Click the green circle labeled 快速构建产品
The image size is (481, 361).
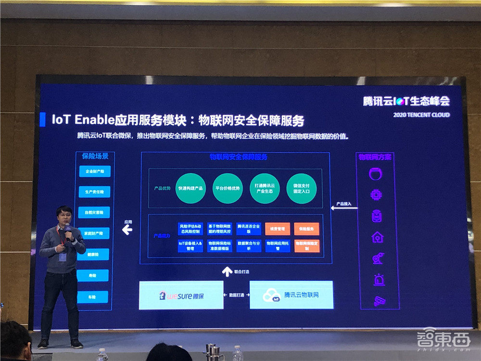[x=190, y=188]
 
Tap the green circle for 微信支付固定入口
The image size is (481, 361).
[x=301, y=188]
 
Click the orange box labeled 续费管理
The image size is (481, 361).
[x=278, y=228]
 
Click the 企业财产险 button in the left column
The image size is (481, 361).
[x=94, y=171]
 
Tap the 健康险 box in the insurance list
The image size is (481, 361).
[x=93, y=255]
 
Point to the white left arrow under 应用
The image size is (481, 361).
[x=127, y=231]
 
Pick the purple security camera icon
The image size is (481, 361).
[x=379, y=301]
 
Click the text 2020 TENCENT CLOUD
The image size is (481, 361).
[x=421, y=115]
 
